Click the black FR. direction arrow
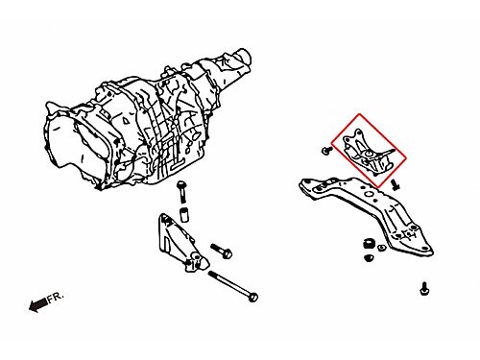(37, 304)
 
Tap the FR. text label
(56, 298)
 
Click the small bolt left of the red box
(326, 151)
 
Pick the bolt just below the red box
(396, 185)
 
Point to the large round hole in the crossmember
(369, 194)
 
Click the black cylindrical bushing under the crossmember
(369, 244)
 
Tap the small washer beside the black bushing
(381, 248)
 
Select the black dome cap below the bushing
(369, 257)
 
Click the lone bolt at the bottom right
(423, 290)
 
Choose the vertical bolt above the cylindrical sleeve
(182, 191)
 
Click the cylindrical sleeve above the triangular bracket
(183, 215)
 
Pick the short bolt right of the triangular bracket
(221, 251)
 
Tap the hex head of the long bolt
(253, 298)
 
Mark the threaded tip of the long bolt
(210, 274)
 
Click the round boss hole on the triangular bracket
(196, 258)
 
